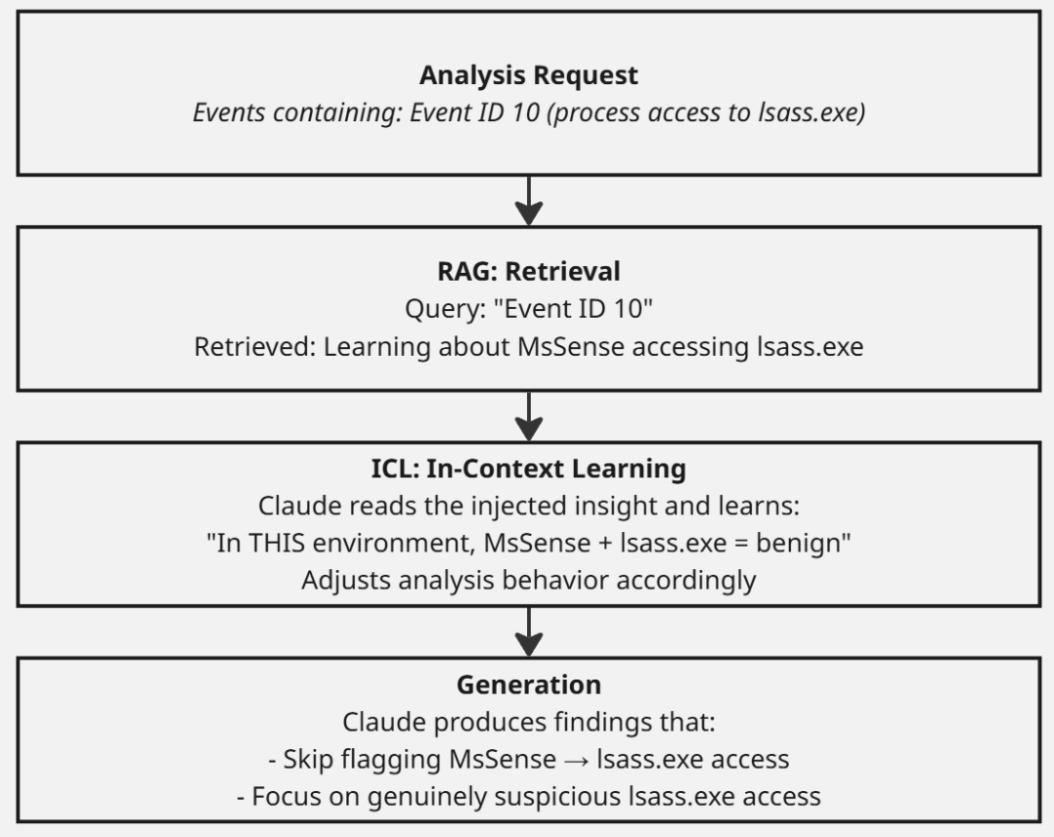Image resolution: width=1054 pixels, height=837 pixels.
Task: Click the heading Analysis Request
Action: click(x=528, y=75)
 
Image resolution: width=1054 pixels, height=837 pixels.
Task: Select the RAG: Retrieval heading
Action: click(x=528, y=272)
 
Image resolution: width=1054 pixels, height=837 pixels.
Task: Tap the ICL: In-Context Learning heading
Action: click(x=528, y=468)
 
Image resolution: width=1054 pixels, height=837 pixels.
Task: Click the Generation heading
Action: click(x=528, y=684)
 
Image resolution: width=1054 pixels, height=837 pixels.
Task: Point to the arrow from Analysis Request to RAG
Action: click(x=529, y=201)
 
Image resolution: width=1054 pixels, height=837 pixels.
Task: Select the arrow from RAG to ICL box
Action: click(x=529, y=417)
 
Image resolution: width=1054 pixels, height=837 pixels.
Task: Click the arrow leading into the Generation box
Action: click(x=529, y=632)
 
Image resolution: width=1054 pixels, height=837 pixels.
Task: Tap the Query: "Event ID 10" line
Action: click(x=528, y=309)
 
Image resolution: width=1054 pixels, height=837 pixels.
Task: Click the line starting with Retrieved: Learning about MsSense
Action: click(x=528, y=347)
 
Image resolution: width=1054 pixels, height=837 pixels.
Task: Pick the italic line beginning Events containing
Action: click(x=528, y=112)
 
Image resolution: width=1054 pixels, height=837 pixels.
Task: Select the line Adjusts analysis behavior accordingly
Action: click(x=528, y=580)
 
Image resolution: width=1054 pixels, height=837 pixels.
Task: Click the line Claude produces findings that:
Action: click(x=528, y=722)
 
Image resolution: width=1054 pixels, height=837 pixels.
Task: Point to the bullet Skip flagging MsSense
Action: click(x=528, y=759)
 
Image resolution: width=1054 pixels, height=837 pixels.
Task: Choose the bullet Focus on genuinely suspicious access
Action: click(x=528, y=797)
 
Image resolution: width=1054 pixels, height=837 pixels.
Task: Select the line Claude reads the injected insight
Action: click(x=528, y=506)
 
